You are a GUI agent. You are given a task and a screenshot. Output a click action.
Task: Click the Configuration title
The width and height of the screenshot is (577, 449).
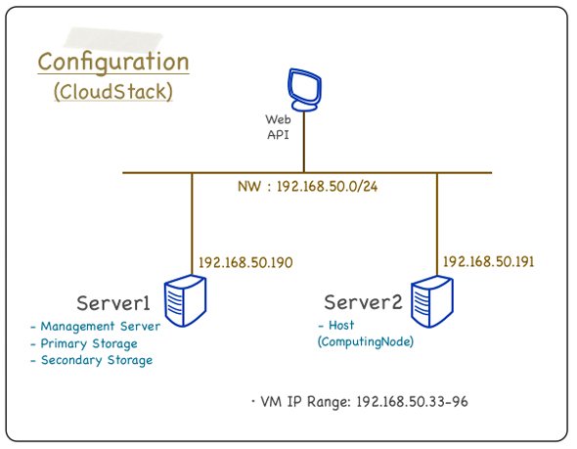[113, 63]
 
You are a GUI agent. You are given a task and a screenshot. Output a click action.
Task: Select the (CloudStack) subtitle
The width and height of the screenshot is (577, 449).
[113, 91]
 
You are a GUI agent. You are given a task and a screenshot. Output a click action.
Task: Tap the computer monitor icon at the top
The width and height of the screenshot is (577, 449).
[304, 90]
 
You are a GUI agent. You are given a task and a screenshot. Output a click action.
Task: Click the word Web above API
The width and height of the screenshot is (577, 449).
[278, 119]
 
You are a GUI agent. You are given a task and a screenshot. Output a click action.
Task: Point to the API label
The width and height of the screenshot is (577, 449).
[278, 135]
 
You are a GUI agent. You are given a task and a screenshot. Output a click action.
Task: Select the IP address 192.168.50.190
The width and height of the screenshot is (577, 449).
[245, 262]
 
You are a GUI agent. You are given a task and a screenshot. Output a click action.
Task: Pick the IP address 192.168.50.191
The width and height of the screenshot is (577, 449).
[488, 261]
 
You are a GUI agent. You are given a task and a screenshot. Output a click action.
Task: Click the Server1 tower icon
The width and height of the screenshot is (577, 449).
[185, 300]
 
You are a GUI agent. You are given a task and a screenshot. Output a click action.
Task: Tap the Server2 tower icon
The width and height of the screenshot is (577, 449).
[432, 301]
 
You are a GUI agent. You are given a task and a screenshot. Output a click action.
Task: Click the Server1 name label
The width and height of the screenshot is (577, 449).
[113, 303]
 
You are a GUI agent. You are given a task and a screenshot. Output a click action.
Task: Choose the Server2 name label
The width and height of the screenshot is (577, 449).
[363, 302]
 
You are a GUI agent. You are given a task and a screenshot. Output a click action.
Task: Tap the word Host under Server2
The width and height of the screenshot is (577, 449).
[341, 325]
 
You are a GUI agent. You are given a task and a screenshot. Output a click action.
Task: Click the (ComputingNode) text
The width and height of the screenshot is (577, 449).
[366, 342]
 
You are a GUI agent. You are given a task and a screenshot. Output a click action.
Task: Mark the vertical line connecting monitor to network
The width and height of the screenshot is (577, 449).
[304, 142]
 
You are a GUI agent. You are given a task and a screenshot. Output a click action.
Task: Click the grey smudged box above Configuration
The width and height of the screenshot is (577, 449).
[113, 39]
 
